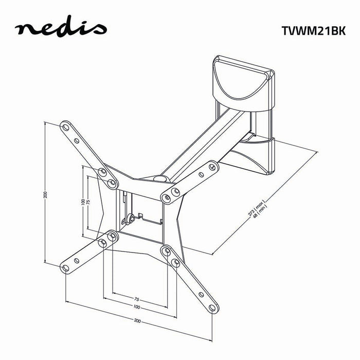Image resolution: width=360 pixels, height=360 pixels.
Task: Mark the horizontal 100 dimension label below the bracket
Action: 136,308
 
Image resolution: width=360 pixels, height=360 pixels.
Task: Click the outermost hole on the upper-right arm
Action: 211,166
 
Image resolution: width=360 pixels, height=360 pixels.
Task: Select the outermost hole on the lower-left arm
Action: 65,266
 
